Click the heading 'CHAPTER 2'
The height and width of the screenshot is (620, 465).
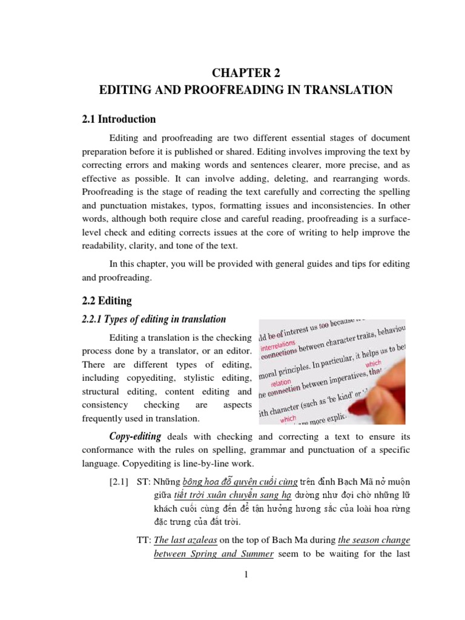(x=246, y=73)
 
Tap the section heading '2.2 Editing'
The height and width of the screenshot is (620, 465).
(x=106, y=300)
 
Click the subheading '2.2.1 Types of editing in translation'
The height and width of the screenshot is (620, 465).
(x=154, y=319)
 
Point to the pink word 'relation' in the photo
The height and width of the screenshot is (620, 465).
(x=282, y=382)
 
